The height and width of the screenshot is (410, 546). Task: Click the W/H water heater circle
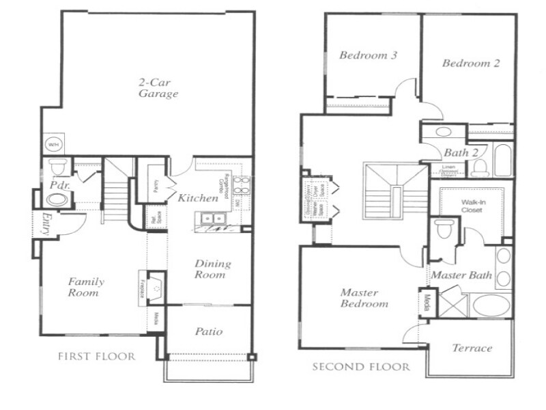tap(52, 145)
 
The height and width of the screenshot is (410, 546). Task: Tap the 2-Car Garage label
tap(155, 87)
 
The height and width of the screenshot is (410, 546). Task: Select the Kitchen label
tap(198, 198)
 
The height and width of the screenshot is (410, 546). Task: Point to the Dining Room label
tap(213, 269)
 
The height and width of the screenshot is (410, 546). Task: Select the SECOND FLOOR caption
tap(361, 367)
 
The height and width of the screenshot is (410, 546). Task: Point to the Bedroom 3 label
tap(368, 55)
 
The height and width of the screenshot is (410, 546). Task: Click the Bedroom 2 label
tap(471, 64)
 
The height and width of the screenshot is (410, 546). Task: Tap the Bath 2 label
tap(461, 152)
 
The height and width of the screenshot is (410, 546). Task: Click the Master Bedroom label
tap(364, 298)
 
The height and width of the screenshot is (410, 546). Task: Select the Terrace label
tap(472, 348)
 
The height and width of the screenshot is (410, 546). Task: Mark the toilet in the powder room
tap(56, 167)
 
